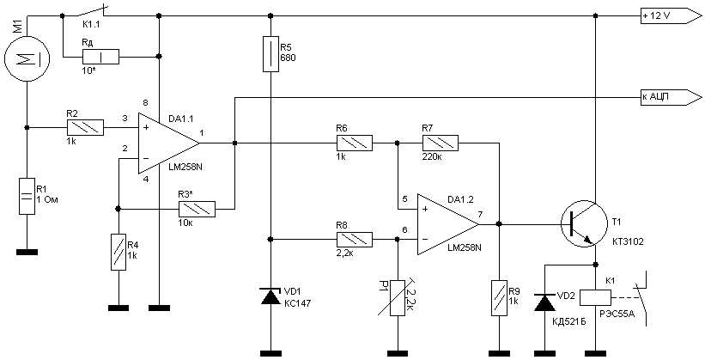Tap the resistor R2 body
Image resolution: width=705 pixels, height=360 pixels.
point(85,128)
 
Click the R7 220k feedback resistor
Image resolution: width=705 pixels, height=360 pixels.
point(440,142)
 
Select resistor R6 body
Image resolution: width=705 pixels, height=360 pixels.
point(354,142)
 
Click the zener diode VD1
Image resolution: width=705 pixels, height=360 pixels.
point(270,296)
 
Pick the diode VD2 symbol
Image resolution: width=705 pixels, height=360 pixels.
point(543,302)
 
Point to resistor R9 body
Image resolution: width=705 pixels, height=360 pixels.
point(496,295)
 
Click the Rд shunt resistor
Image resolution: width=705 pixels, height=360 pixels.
point(100,58)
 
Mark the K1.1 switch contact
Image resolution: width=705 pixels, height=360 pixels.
point(87,13)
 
